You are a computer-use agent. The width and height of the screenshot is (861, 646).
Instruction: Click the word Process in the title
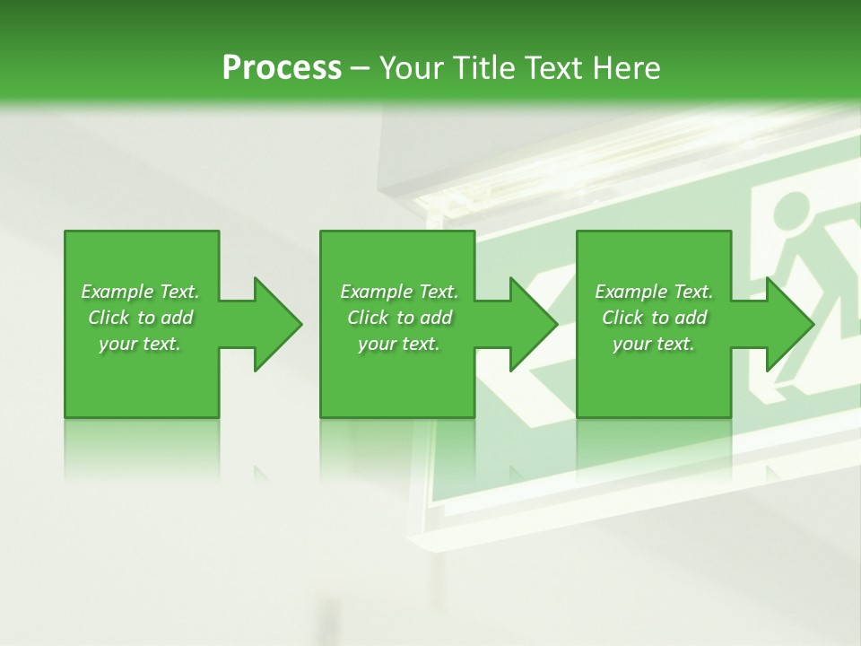(282, 67)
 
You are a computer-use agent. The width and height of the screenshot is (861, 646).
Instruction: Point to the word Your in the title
(413, 67)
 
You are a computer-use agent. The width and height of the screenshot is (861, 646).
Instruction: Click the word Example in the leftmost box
(117, 292)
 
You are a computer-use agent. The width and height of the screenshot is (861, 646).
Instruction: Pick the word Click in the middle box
(367, 318)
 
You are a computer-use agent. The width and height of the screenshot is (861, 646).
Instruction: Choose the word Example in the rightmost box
(631, 292)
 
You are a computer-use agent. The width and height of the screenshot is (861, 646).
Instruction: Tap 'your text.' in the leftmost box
(140, 344)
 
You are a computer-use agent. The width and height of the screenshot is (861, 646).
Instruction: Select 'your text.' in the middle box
(398, 344)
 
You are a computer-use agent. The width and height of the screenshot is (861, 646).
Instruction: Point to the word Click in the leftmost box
(108, 318)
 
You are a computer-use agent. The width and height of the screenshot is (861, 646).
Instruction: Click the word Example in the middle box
(376, 292)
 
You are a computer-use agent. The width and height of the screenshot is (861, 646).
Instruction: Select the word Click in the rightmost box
(622, 318)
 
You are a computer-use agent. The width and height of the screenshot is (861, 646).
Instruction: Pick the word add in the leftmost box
(176, 318)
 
